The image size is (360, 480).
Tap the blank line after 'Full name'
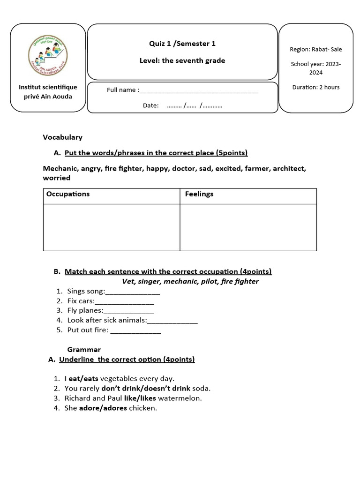199,90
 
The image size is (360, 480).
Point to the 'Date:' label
151,105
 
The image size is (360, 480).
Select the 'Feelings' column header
199,194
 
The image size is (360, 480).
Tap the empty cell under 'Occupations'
111,227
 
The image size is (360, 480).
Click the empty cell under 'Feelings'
248,227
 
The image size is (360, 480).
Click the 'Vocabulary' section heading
62,137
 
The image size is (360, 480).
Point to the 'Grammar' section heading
84,349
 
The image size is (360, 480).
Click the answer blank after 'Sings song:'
133,292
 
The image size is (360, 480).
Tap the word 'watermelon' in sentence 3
180,398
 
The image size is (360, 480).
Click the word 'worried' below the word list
57,178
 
